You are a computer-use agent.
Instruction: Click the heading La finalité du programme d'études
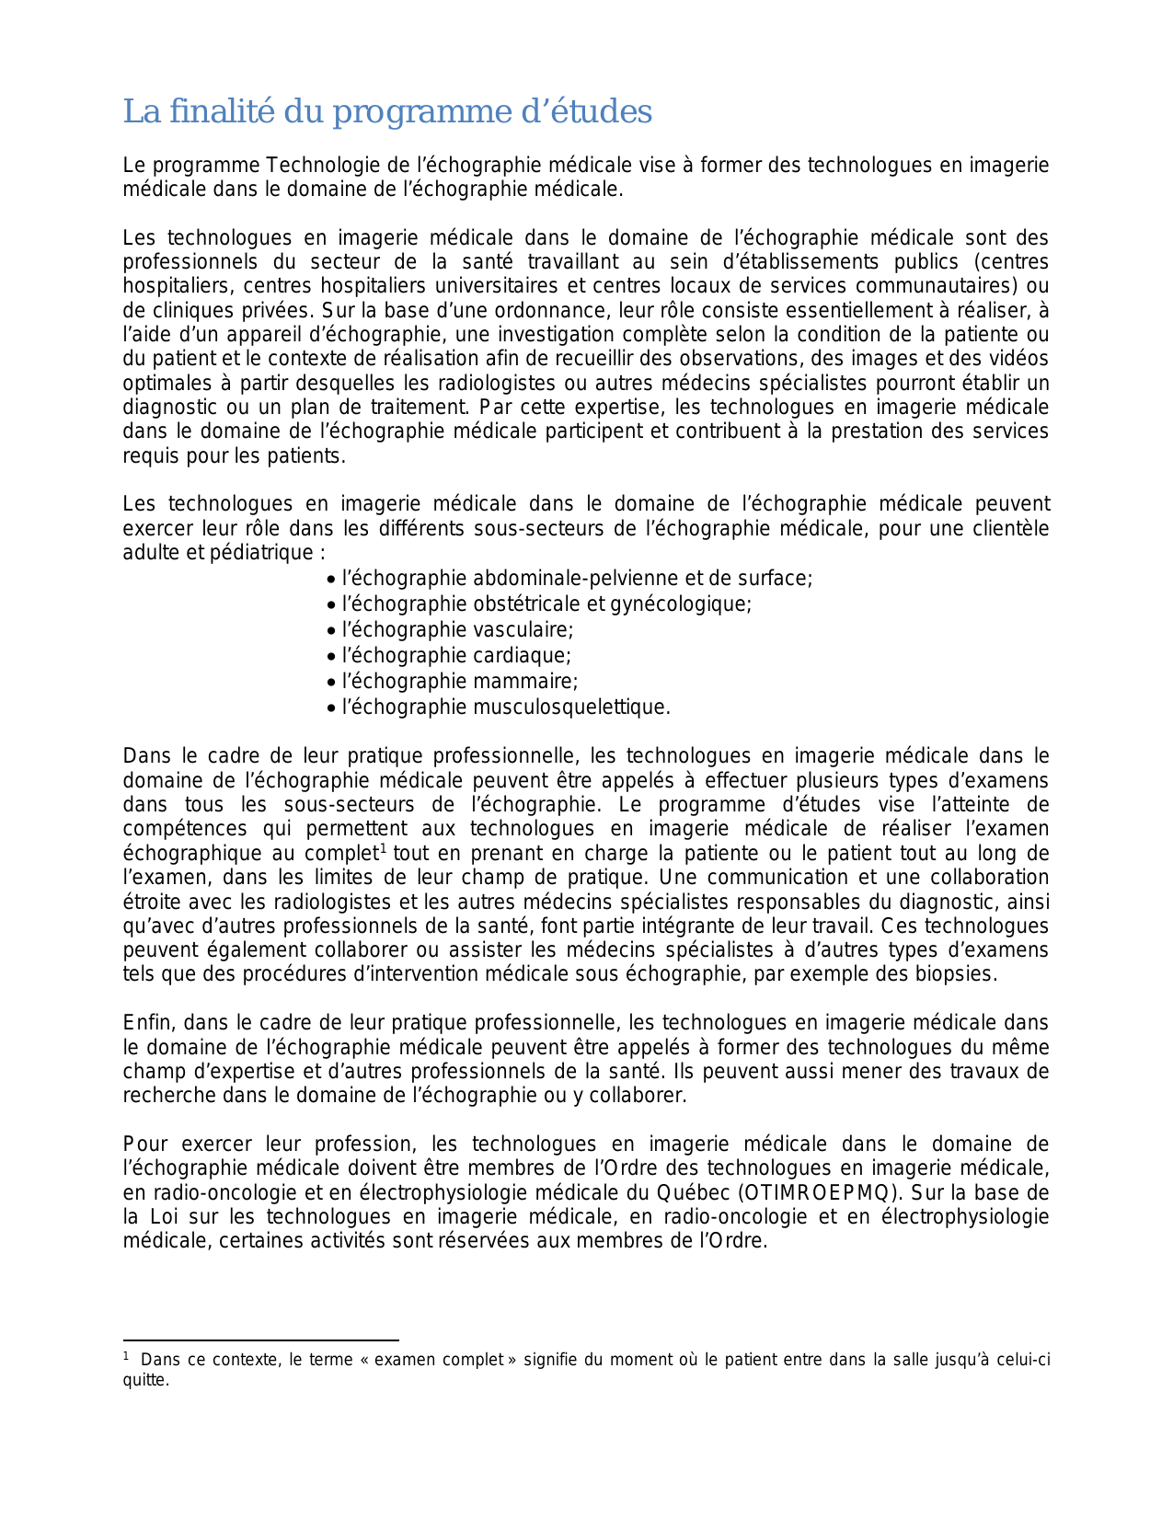pyautogui.click(x=387, y=111)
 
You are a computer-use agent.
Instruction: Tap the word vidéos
pyautogui.click(x=1017, y=359)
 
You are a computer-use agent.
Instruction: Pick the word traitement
pyautogui.click(x=420, y=407)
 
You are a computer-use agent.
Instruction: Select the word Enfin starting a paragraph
pyautogui.click(x=148, y=1023)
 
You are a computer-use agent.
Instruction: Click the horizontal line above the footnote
pyautogui.click(x=260, y=1340)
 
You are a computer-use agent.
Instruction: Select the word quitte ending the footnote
pyautogui.click(x=145, y=1380)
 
